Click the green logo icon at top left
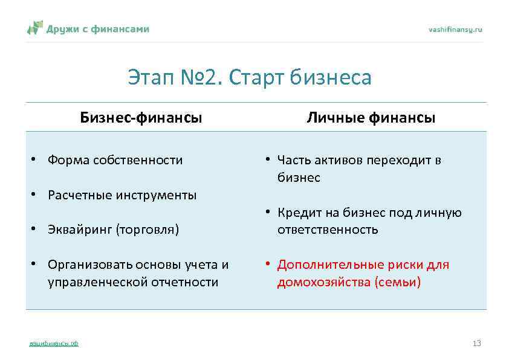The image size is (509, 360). coord(35,28)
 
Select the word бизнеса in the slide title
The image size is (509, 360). coord(331,78)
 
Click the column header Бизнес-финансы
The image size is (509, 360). coord(141,118)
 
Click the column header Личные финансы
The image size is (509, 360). coord(371,118)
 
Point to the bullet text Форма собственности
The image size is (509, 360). coord(115,160)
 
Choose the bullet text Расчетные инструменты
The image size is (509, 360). coord(122,195)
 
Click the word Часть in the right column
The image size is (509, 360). coord(293,160)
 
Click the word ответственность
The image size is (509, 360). coord(328,230)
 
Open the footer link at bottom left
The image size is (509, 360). coord(54,344)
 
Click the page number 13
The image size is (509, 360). coord(476,343)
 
